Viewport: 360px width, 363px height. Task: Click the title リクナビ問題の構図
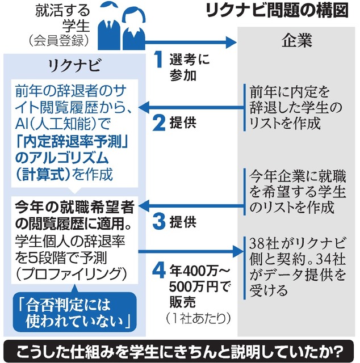(282, 12)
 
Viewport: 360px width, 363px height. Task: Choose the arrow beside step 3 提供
(194, 203)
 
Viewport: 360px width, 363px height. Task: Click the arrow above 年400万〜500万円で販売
(194, 248)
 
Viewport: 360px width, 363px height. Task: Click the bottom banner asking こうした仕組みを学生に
(180, 349)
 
